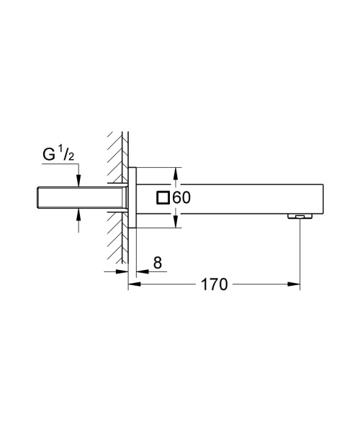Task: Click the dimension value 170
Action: [214, 284]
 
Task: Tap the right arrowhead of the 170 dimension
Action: [295, 284]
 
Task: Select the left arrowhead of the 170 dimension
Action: [133, 284]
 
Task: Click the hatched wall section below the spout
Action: [117, 245]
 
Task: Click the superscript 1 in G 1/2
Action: [63, 150]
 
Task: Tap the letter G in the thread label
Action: [49, 154]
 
